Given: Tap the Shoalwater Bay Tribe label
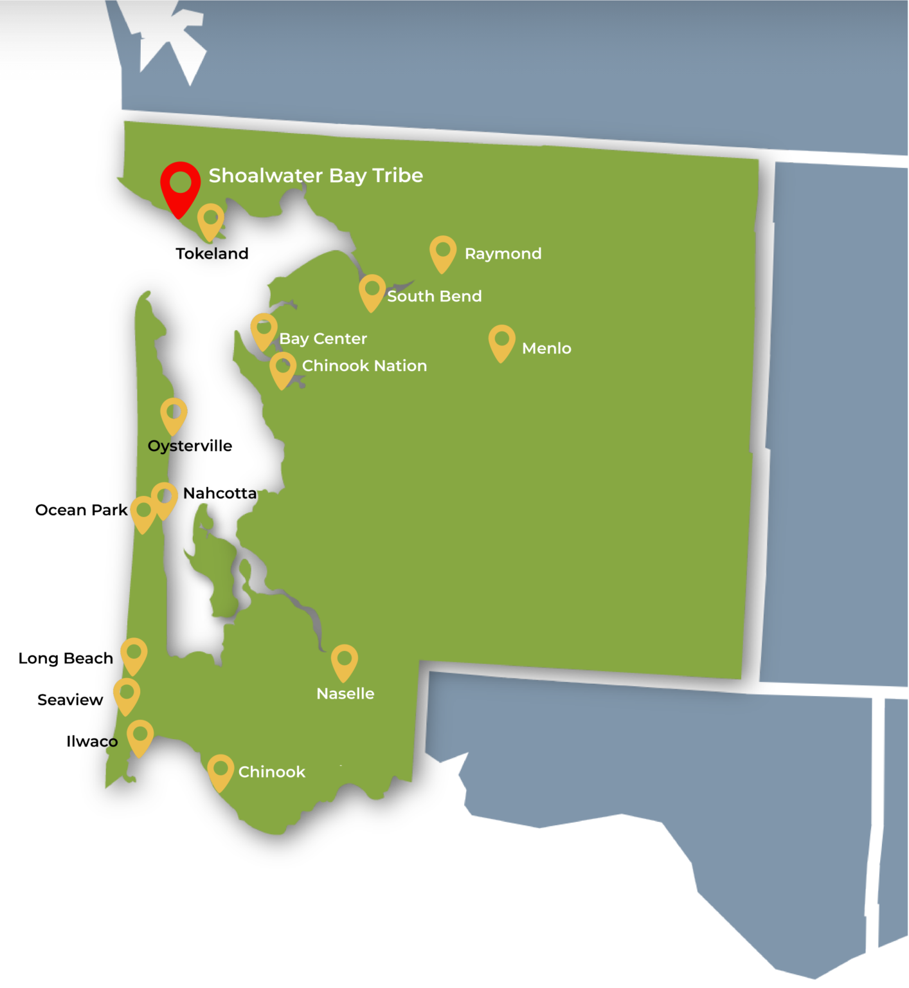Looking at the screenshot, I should point(316,176).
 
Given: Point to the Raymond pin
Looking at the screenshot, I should point(443,252).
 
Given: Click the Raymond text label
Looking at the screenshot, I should point(503,253).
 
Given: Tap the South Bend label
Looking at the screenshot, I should point(435,296).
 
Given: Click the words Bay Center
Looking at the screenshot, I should point(323,338).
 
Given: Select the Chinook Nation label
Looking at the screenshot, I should point(364,365).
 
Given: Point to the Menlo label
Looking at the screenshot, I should point(546,348).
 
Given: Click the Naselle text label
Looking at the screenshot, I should point(345,693).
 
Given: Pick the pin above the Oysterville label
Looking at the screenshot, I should point(174,414).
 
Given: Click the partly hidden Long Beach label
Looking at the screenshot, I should point(59,658).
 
